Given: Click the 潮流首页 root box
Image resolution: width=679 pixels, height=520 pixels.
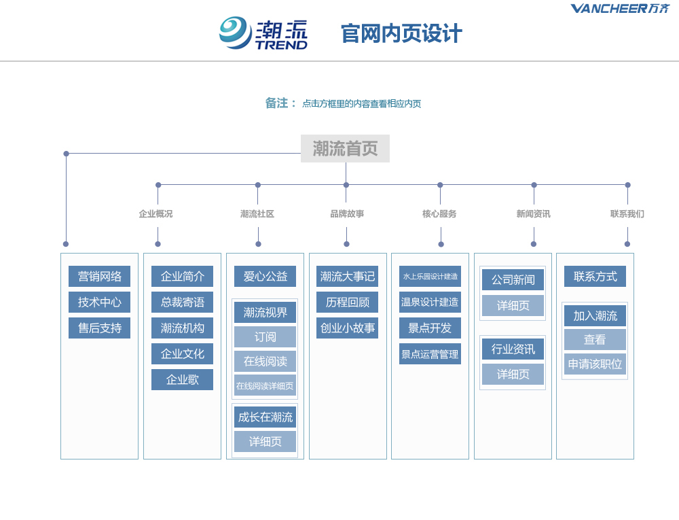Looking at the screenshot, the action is click(x=345, y=149).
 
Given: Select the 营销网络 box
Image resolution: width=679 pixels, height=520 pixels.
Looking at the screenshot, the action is click(x=100, y=277).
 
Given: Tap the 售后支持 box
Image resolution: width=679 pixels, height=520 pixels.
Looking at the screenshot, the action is click(x=100, y=328).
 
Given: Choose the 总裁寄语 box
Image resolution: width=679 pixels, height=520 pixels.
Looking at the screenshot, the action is click(x=182, y=302).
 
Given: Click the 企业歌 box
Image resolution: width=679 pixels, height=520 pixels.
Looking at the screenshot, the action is click(x=182, y=379).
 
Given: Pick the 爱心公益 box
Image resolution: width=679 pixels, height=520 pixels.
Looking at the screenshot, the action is click(x=265, y=277).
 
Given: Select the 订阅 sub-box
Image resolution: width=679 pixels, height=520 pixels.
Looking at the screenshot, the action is click(x=265, y=336).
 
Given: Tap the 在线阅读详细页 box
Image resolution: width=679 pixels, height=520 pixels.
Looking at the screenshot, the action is click(x=265, y=385).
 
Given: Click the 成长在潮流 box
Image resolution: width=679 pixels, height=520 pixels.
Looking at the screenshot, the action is click(x=265, y=417).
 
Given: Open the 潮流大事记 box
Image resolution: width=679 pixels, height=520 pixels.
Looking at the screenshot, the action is click(x=347, y=277).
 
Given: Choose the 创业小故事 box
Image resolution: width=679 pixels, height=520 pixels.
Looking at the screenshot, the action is click(x=347, y=328).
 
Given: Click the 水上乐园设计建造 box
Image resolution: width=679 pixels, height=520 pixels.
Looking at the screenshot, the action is click(x=430, y=277).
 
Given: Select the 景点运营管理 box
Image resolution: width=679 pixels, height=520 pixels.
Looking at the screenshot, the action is click(x=430, y=354).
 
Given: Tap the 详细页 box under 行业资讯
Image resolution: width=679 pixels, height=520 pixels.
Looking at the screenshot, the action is click(x=513, y=375).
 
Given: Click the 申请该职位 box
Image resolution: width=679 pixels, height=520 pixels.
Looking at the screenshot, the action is click(x=595, y=364).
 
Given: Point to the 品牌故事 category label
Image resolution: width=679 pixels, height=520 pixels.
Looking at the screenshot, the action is click(x=347, y=213).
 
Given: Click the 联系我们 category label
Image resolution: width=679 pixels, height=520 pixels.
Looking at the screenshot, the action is click(x=627, y=213).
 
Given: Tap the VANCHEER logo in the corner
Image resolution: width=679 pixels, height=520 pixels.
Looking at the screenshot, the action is click(x=620, y=8).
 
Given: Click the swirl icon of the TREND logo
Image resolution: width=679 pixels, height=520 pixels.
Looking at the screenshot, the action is click(x=235, y=33).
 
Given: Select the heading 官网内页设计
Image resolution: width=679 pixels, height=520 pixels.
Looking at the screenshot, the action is click(x=401, y=34).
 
